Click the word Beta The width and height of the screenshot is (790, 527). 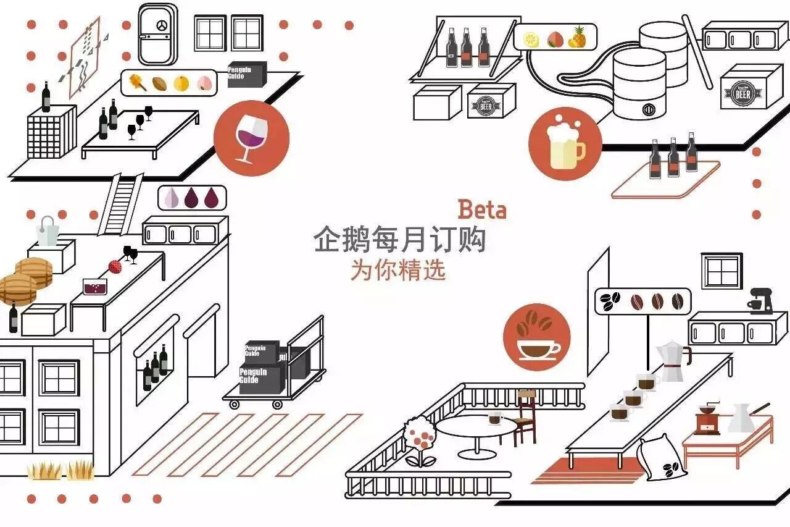coord(481,210)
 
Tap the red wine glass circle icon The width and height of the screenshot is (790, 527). coord(251,138)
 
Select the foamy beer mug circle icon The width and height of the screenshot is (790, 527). coord(565,143)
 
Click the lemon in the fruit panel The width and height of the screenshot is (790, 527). coord(531,40)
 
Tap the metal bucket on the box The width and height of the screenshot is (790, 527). coord(48,232)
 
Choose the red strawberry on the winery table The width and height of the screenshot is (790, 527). coord(115,267)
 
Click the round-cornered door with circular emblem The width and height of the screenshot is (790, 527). coord(158,34)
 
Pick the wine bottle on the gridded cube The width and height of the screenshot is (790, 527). coord(46,97)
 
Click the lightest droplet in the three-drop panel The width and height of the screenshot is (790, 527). coord(171,198)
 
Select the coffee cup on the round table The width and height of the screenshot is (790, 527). coord(494,418)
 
